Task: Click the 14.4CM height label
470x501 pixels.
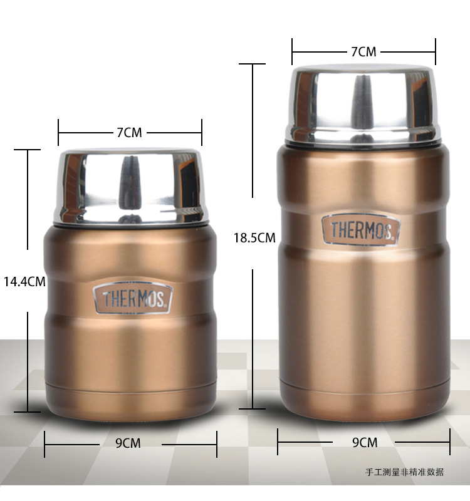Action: coord(24,281)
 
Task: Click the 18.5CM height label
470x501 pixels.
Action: coord(254,238)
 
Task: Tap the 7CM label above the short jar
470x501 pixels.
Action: coord(129,133)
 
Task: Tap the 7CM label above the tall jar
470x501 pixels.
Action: coord(364,52)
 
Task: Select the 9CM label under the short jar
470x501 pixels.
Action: coord(128,443)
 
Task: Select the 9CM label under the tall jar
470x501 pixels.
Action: coord(365,443)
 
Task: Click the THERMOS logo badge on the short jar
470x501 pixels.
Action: coord(133,298)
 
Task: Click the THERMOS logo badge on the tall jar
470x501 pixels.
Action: coord(362,229)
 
